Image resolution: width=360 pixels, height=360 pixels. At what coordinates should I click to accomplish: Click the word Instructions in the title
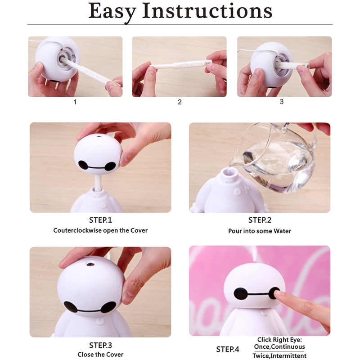click(207, 11)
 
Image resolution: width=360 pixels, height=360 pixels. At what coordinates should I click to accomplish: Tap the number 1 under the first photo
click(75, 102)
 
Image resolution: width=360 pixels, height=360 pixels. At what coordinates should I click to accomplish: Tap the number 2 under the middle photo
click(180, 102)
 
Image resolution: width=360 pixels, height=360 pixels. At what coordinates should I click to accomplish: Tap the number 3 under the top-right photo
click(282, 102)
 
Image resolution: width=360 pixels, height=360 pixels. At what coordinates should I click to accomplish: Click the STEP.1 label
click(100, 220)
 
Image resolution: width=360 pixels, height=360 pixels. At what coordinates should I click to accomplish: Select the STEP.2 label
click(260, 220)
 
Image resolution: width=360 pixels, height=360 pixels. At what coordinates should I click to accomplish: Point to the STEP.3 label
click(100, 345)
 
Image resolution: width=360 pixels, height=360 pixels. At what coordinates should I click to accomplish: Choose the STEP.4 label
click(228, 349)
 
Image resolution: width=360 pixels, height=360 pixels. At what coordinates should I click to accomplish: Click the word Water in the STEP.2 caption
click(281, 231)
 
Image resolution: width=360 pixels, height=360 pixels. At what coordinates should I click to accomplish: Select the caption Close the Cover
click(100, 355)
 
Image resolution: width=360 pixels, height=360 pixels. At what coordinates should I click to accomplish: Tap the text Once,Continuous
click(279, 347)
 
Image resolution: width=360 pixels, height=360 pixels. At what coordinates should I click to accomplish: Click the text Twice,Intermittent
click(279, 355)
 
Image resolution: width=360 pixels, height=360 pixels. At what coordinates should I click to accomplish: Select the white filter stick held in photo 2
click(180, 66)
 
